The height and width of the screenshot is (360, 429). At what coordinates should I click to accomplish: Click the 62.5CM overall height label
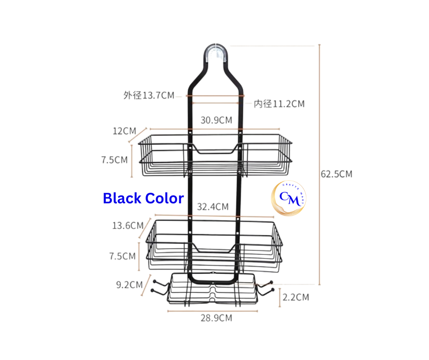(336, 174)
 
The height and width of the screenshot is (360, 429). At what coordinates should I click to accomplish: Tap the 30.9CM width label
(217, 120)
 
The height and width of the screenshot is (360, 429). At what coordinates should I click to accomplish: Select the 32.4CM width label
(213, 207)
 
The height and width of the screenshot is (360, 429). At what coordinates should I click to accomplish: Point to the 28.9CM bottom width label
(217, 318)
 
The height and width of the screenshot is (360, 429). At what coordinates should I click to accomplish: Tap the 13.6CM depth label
(128, 226)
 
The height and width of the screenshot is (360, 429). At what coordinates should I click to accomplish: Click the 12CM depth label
(124, 131)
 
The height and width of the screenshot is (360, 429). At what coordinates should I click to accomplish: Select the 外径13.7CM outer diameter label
(149, 96)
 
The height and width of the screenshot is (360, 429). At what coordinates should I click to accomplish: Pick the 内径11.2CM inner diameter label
(279, 104)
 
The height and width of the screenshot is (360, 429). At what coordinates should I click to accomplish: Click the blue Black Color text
(143, 198)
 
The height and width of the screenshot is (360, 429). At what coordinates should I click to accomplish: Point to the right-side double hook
(266, 288)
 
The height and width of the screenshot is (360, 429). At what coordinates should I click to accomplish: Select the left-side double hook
(160, 288)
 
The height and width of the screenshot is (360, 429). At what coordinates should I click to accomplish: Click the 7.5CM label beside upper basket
(114, 160)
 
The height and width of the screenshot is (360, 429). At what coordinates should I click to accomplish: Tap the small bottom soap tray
(213, 290)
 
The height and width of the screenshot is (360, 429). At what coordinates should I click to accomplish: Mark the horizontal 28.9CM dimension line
(212, 311)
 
